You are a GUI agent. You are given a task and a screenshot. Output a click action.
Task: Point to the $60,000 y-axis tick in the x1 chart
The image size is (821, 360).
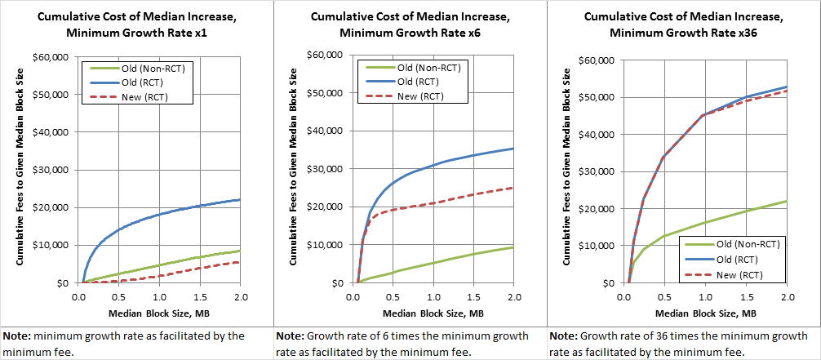(x=55, y=56)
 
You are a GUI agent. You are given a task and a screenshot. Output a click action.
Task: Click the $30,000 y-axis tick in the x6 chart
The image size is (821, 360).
(x=329, y=169)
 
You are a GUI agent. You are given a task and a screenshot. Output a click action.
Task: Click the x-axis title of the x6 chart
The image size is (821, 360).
(x=435, y=313)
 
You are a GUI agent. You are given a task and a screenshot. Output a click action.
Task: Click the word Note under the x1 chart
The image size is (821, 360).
(x=18, y=336)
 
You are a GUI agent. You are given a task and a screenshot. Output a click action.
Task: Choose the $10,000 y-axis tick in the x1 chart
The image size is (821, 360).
(x=55, y=245)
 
